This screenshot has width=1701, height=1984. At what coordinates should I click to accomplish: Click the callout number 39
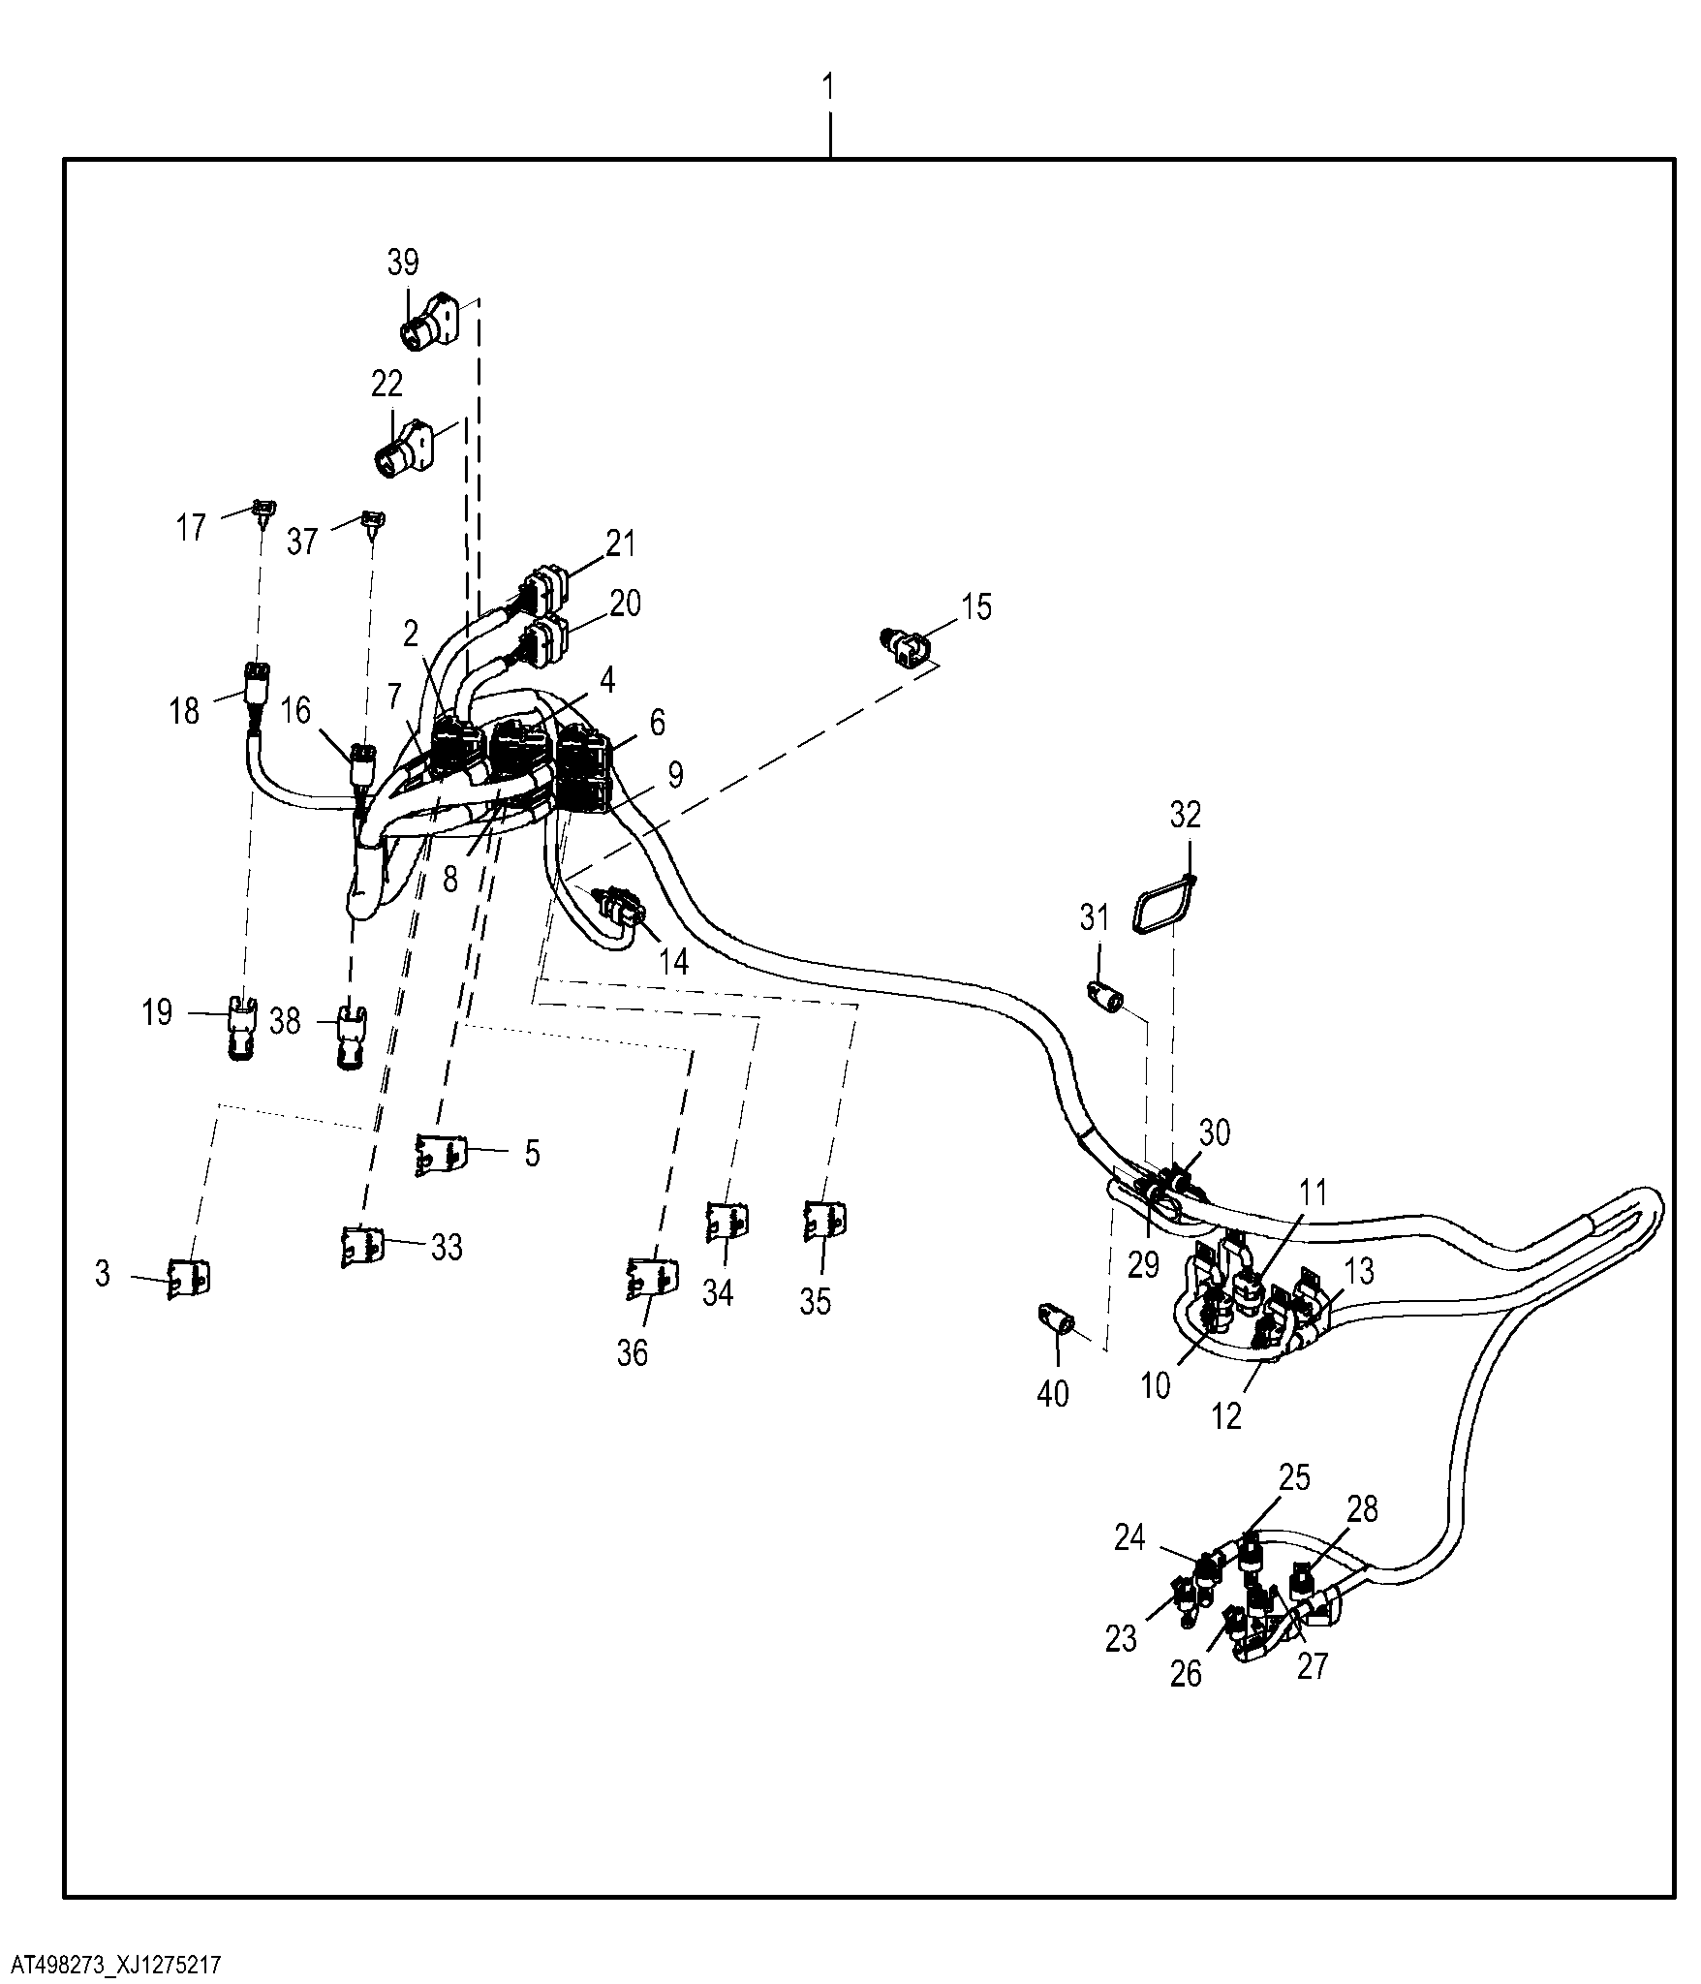[x=403, y=262]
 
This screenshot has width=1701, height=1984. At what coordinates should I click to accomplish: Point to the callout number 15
[x=976, y=607]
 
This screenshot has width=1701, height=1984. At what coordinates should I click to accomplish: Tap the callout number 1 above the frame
[x=828, y=86]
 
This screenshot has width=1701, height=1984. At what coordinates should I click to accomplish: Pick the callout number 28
[x=1362, y=1508]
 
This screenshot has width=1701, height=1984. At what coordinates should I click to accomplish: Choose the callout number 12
[x=1226, y=1416]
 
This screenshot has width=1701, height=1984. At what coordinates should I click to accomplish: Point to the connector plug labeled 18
[x=256, y=685]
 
